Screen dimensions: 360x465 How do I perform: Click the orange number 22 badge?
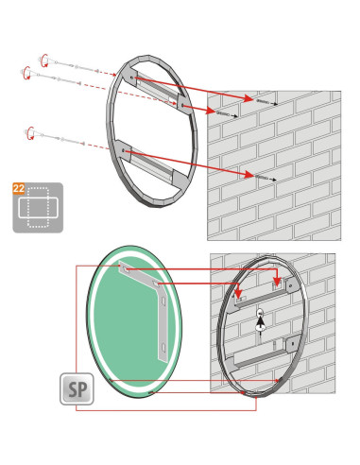click(x=19, y=188)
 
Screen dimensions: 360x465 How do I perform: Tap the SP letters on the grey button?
click(x=77, y=389)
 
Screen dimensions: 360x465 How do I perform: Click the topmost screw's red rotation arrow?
click(x=44, y=60)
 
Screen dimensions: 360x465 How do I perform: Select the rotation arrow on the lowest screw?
click(x=30, y=133)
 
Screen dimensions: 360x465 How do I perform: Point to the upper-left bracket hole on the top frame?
click(x=131, y=77)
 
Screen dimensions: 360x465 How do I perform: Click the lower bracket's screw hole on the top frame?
click(x=124, y=151)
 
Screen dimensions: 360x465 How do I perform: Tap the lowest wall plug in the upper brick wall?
click(x=261, y=177)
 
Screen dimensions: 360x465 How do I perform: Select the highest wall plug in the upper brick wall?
click(x=263, y=101)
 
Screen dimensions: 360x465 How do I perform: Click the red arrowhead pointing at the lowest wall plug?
click(x=249, y=174)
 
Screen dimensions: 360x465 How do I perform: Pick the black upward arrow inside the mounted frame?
click(x=260, y=323)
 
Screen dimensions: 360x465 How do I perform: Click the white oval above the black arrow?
click(x=260, y=313)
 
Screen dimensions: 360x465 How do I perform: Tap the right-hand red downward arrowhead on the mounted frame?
click(x=277, y=282)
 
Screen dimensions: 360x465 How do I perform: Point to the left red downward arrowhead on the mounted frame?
click(x=238, y=294)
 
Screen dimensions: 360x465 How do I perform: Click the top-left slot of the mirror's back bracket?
click(x=124, y=268)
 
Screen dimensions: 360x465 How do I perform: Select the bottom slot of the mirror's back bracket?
click(x=163, y=347)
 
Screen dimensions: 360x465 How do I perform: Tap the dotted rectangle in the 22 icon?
click(x=38, y=207)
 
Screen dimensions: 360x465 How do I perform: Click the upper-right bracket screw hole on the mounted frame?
click(x=290, y=286)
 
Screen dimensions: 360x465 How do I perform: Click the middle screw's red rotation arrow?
click(x=27, y=73)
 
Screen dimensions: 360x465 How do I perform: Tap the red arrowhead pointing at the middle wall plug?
click(x=211, y=111)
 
